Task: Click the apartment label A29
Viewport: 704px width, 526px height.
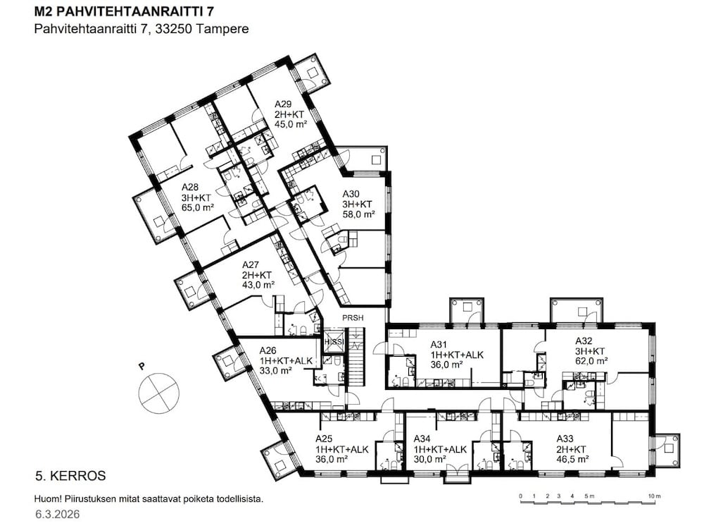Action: pyautogui.click(x=283, y=104)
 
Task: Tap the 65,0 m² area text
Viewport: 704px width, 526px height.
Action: pyautogui.click(x=197, y=208)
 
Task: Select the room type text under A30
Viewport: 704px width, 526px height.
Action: pyautogui.click(x=357, y=204)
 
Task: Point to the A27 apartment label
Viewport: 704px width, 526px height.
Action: pyautogui.click(x=250, y=265)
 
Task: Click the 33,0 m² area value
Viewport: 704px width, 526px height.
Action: pyautogui.click(x=275, y=370)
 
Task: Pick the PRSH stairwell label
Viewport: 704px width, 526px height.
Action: pyautogui.click(x=353, y=318)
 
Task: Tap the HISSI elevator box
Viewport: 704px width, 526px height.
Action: pyautogui.click(x=334, y=342)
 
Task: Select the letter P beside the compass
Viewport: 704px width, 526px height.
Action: pyautogui.click(x=142, y=366)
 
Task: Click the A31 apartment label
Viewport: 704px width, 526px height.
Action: pyautogui.click(x=439, y=345)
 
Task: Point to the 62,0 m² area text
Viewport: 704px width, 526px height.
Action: pyautogui.click(x=591, y=361)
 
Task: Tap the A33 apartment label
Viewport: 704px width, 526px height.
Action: pyautogui.click(x=565, y=439)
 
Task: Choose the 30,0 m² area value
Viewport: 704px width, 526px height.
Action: pyautogui.click(x=429, y=460)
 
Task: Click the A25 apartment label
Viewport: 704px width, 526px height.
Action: pyautogui.click(x=324, y=439)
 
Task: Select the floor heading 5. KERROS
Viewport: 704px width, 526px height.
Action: pyautogui.click(x=70, y=476)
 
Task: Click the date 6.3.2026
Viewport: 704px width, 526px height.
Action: pyautogui.click(x=58, y=513)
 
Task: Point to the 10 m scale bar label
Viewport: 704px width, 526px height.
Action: pyautogui.click(x=655, y=496)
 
